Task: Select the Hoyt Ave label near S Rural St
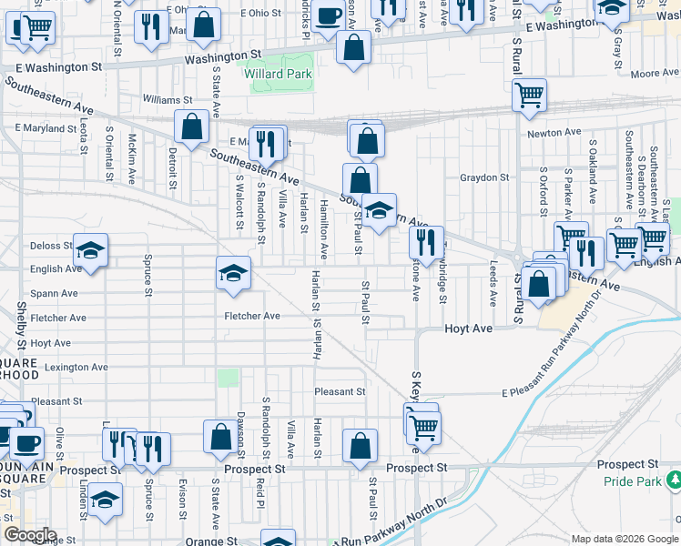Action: (x=468, y=328)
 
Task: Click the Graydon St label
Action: (x=484, y=177)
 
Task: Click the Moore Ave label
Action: (x=649, y=73)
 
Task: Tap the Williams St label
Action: (x=168, y=99)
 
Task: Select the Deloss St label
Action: (x=51, y=246)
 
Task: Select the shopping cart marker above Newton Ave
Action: (x=529, y=94)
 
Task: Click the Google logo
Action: (x=31, y=535)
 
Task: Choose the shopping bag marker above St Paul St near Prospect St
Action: (x=360, y=446)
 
